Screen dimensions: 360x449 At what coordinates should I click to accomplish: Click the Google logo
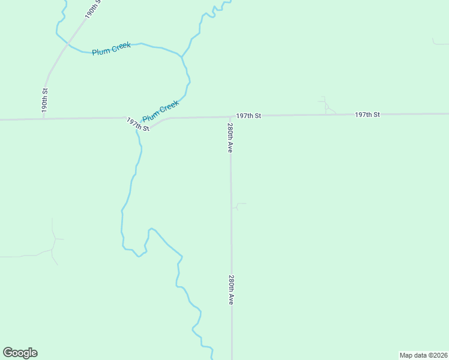coord(20,353)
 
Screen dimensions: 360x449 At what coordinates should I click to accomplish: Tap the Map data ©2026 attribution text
coord(423,355)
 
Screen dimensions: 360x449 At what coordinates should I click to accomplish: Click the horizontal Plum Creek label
coord(112,49)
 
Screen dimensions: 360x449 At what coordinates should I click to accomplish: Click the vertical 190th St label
coord(44,100)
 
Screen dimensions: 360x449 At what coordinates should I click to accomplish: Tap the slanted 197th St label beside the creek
coord(137,124)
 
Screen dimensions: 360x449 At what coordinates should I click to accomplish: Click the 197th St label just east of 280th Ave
coord(249,115)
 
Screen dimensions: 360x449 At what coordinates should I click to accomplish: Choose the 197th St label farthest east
coord(367,114)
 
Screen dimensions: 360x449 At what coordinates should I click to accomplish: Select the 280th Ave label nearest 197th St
coord(230,138)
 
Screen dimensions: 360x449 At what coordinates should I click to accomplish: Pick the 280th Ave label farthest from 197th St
coord(231,290)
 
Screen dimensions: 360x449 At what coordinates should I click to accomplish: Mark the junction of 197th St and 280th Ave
coord(230,116)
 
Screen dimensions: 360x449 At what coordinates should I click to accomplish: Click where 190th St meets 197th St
coord(43,119)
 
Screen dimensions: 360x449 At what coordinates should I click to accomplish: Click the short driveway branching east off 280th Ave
coord(238,206)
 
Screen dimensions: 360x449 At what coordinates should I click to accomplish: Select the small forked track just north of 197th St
coord(325,106)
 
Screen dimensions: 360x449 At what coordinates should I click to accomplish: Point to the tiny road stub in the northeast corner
coord(438,43)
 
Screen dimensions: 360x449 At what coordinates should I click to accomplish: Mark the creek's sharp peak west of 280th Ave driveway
coord(151,229)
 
